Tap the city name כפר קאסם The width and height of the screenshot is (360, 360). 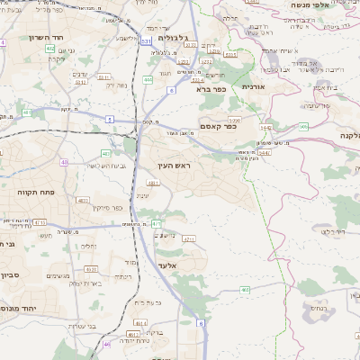coord(219,127)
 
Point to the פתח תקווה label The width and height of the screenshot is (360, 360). coord(29,191)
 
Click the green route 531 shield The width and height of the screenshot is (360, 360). coord(146,40)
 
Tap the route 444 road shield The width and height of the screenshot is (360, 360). coord(148,80)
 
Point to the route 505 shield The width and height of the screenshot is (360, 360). coord(303,127)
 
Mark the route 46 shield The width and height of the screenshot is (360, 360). coord(107,343)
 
